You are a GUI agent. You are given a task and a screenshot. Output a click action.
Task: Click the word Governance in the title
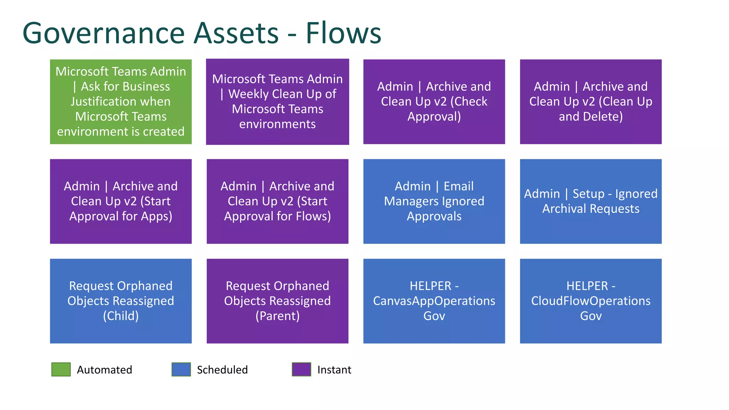(103, 33)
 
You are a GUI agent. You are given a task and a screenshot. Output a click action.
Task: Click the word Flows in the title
(343, 33)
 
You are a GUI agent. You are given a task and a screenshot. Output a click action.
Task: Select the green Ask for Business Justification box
(121, 101)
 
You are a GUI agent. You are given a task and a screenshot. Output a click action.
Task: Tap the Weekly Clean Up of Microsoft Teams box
(277, 101)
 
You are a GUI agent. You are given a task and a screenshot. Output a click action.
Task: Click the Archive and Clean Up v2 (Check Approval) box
(434, 101)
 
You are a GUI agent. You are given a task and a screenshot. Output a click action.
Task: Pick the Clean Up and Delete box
(591, 101)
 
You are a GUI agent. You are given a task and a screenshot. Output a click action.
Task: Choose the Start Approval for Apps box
(121, 201)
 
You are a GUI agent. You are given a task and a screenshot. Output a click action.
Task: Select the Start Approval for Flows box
(277, 201)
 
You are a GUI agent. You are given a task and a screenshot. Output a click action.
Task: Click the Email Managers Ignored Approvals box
(434, 201)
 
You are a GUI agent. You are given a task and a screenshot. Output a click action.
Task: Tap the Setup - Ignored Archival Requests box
(591, 201)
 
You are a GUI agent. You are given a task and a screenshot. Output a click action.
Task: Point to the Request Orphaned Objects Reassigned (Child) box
(121, 301)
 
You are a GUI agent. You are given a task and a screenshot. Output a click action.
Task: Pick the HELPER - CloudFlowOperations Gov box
(591, 301)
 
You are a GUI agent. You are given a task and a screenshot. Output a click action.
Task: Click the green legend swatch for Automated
(61, 369)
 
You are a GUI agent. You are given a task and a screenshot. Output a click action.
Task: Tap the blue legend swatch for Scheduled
(181, 369)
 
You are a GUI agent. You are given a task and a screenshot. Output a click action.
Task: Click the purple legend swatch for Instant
(301, 369)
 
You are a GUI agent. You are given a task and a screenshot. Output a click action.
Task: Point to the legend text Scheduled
(222, 370)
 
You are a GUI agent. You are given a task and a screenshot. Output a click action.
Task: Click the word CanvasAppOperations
(434, 301)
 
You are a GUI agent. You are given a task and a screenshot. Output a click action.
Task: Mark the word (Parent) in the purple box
(277, 316)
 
